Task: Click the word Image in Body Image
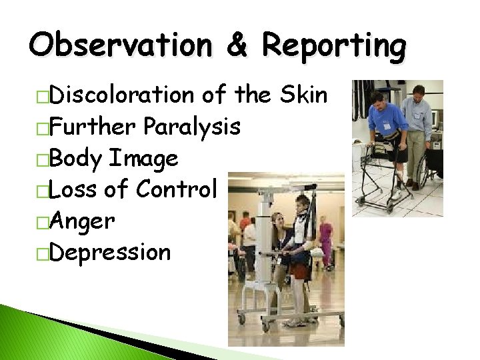coord(144,159)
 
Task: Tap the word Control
coord(177,190)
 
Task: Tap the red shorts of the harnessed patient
coord(301,271)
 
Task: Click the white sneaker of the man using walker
coord(395,194)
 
